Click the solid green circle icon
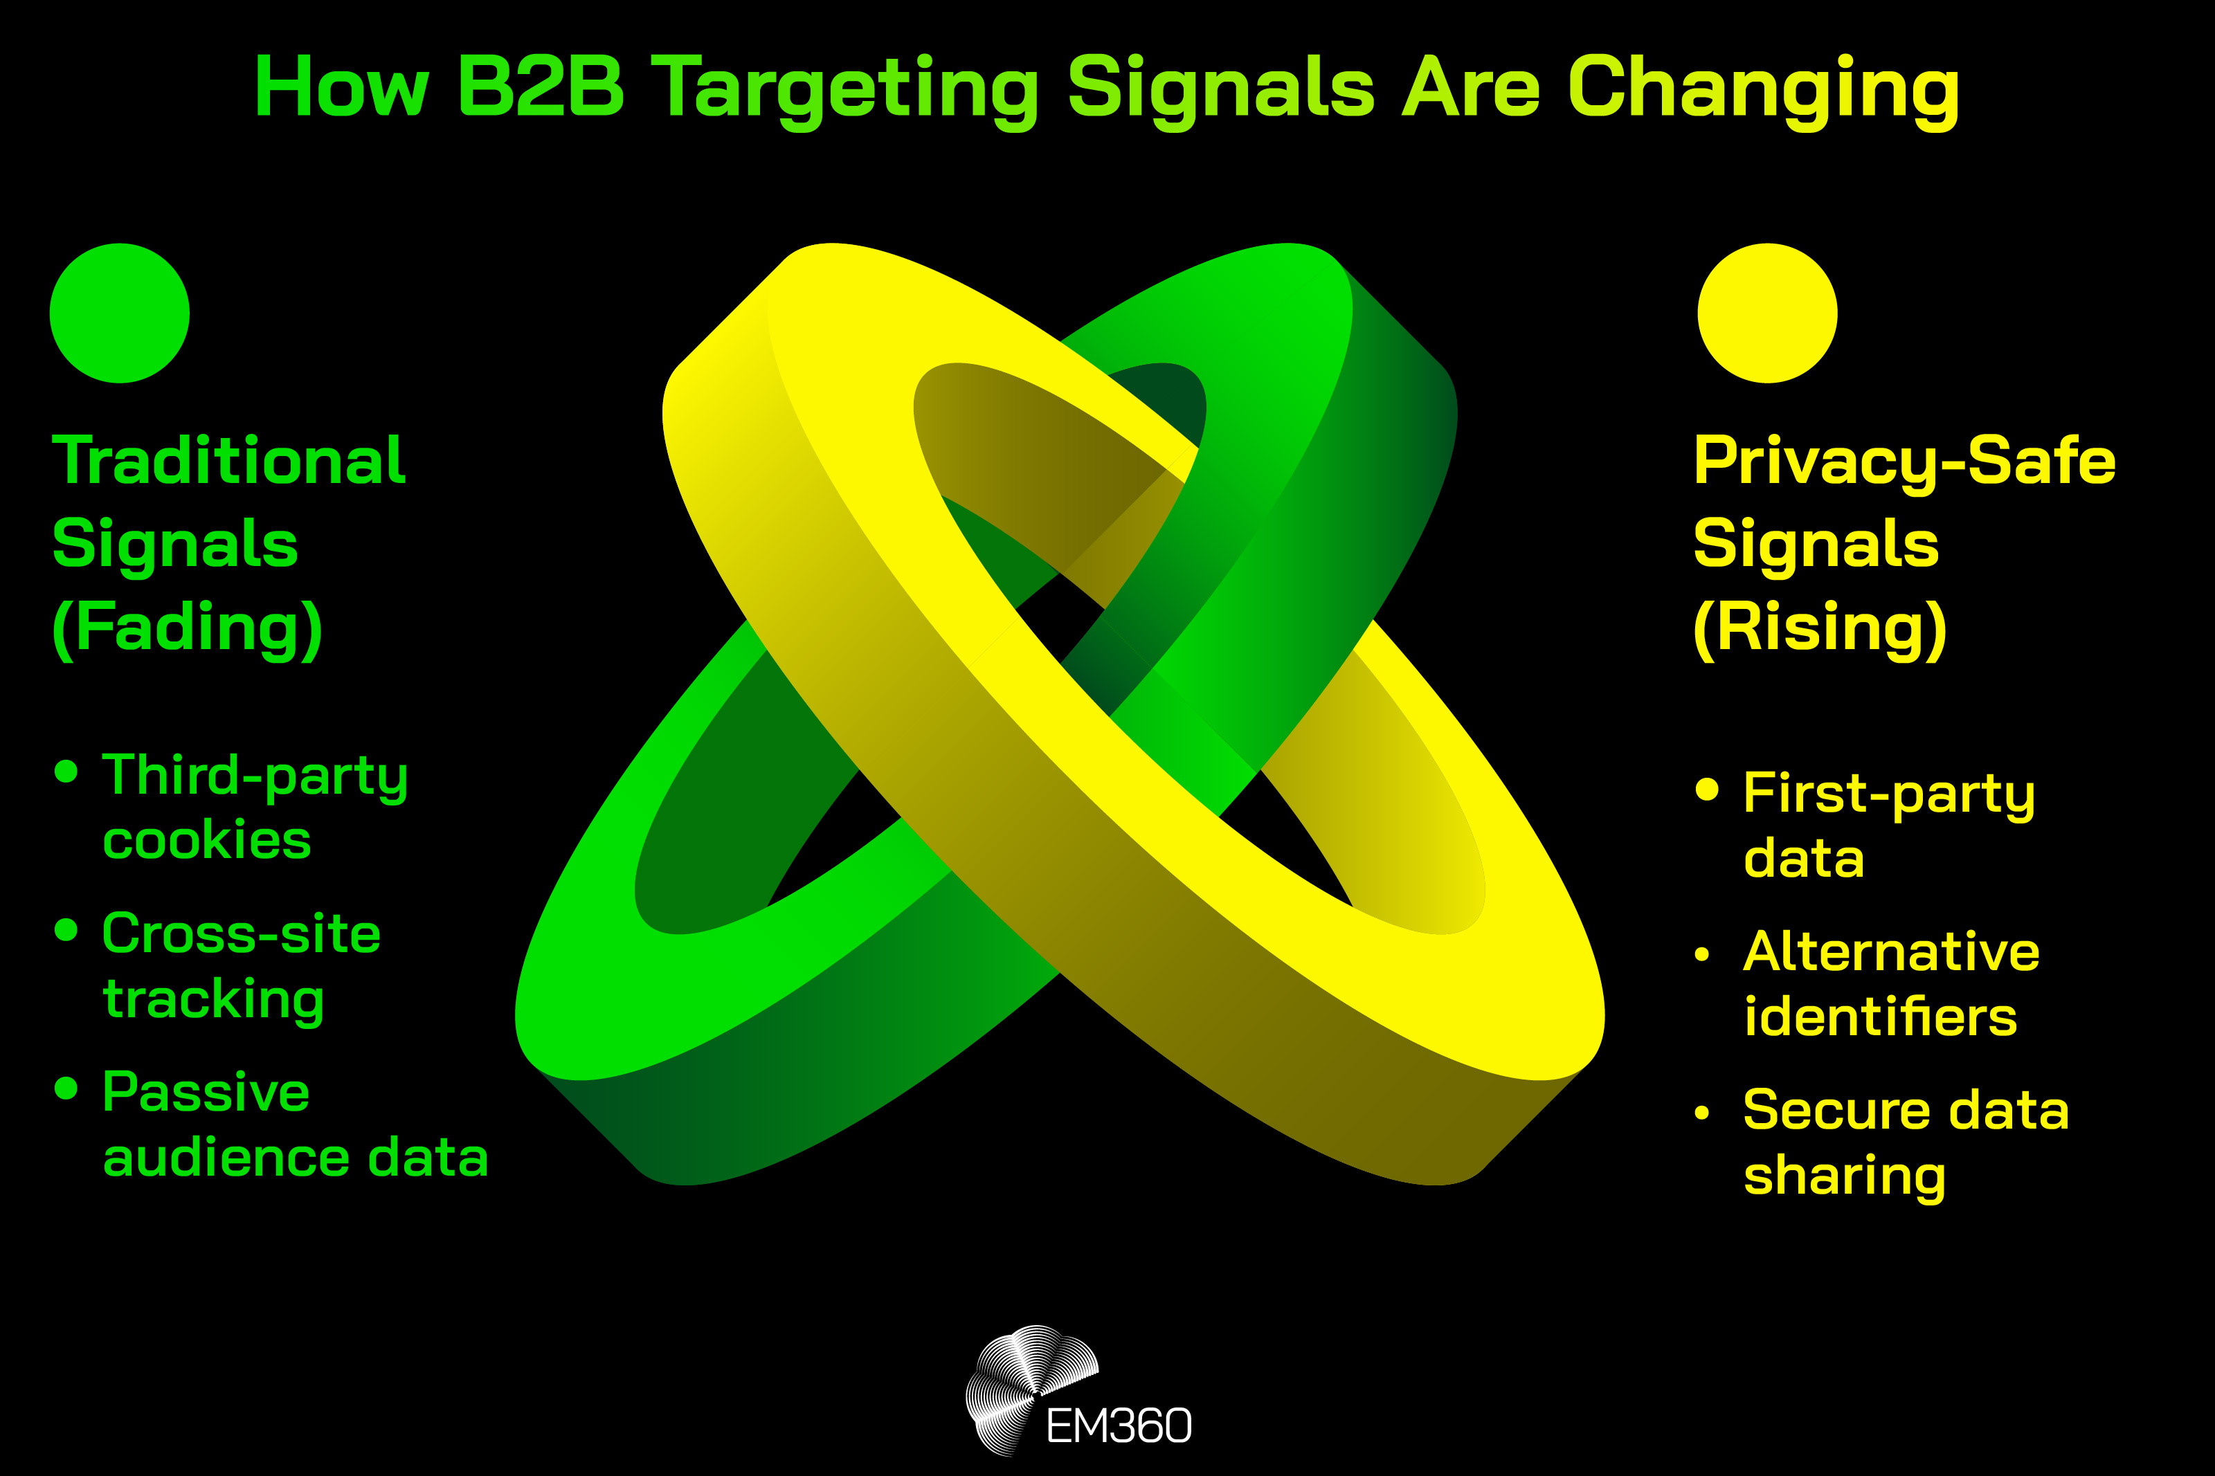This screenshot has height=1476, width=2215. (x=120, y=313)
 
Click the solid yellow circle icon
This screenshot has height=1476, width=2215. (x=1767, y=313)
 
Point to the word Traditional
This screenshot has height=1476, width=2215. (x=228, y=462)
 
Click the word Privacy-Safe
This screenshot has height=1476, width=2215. (x=1904, y=462)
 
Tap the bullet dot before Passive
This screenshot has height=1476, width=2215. (x=66, y=1089)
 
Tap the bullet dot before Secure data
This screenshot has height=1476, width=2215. (x=1701, y=1113)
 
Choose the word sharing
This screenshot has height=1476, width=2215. (x=1844, y=1176)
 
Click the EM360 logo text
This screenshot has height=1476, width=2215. (x=1119, y=1426)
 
